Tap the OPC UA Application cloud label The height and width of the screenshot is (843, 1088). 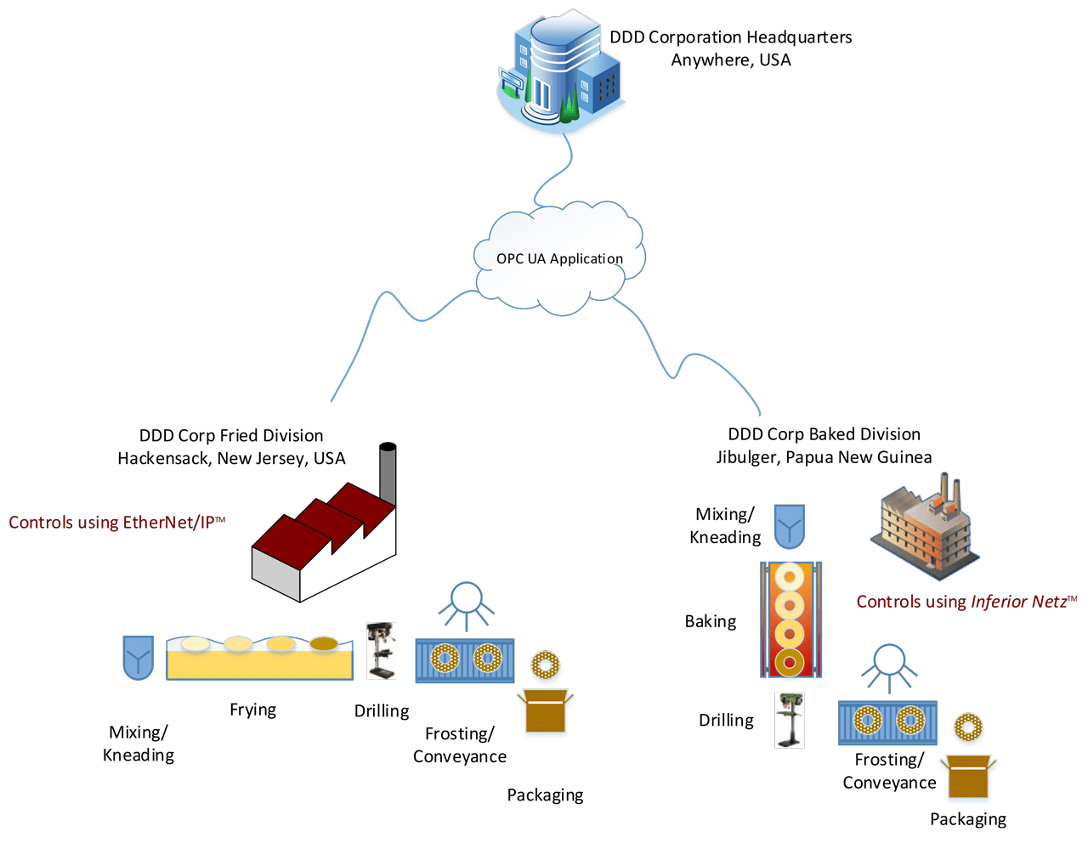[x=559, y=258]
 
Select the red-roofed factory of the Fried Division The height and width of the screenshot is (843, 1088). [x=323, y=544]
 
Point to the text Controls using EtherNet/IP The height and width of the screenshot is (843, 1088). [x=116, y=523]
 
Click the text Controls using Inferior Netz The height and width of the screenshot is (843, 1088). [x=966, y=602]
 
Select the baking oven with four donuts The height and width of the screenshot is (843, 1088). [x=790, y=620]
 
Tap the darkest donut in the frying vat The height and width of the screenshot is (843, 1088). [x=324, y=644]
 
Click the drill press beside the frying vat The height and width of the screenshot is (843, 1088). [x=381, y=651]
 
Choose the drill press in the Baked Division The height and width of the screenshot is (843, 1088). [x=790, y=720]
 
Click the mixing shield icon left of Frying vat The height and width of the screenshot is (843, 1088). [x=138, y=658]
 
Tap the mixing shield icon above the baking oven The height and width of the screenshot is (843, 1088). [x=789, y=526]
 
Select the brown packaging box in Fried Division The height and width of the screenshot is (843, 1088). [x=545, y=711]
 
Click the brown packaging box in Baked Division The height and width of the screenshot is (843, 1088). [x=968, y=777]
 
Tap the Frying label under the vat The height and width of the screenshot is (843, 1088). [x=252, y=710]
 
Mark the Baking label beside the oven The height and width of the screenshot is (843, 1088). [x=711, y=621]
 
